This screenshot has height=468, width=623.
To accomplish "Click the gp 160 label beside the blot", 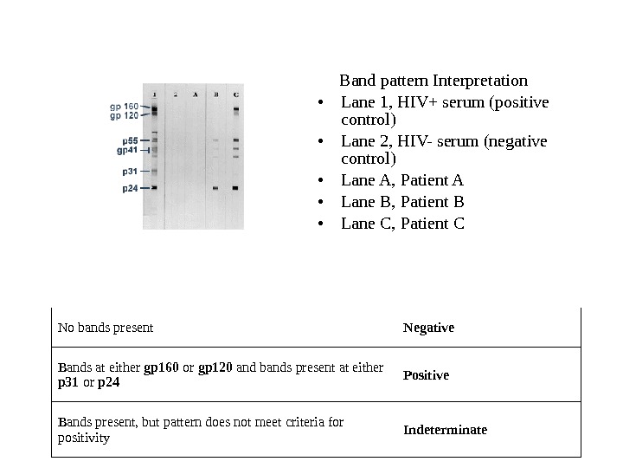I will tap(124, 107).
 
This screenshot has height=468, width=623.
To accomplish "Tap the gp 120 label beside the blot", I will tap(124, 115).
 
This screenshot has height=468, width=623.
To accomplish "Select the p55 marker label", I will tap(130, 140).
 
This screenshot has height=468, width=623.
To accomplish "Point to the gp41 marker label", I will tap(127, 150).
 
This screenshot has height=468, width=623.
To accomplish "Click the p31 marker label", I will tap(130, 172).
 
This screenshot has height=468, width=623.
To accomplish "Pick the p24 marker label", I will tap(130, 187).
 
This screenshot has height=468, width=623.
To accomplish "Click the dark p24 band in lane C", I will tap(236, 187).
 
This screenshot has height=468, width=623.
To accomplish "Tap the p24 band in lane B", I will tap(215, 187).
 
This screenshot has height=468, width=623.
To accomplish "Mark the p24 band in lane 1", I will tap(154, 187).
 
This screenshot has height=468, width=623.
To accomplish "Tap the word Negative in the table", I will tap(428, 328).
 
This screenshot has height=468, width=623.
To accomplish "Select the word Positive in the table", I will tap(426, 375).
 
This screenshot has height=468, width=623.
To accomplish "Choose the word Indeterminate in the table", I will tap(445, 429).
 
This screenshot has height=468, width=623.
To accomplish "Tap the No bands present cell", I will tap(106, 328).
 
